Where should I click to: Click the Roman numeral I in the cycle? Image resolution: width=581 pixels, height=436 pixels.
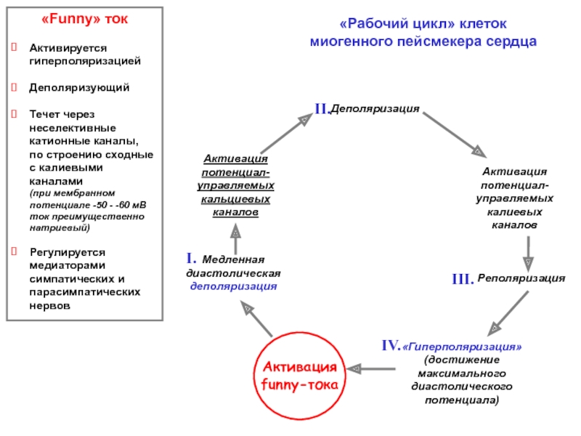pyautogui.click(x=190, y=258)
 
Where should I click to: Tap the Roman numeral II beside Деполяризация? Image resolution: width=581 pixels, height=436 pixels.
pyautogui.click(x=322, y=108)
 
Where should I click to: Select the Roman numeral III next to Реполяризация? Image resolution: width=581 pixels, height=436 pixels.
pyautogui.click(x=463, y=279)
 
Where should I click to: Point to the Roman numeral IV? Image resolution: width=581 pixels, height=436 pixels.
pyautogui.click(x=391, y=346)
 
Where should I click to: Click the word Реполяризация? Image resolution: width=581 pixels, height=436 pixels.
pyautogui.click(x=521, y=278)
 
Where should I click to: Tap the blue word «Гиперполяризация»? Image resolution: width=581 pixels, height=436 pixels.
pyautogui.click(x=462, y=347)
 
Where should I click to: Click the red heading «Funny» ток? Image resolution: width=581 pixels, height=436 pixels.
pyautogui.click(x=84, y=19)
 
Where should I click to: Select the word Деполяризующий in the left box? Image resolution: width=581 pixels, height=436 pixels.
pyautogui.click(x=79, y=88)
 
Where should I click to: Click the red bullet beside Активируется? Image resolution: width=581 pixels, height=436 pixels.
pyautogui.click(x=14, y=47)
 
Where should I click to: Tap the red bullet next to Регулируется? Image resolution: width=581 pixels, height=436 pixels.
pyautogui.click(x=14, y=251)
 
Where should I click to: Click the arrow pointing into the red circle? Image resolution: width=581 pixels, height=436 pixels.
pyautogui.click(x=371, y=368)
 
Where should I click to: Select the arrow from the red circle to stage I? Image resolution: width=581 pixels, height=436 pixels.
pyautogui.click(x=256, y=318)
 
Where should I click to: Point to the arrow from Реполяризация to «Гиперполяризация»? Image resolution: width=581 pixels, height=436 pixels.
pyautogui.click(x=508, y=313)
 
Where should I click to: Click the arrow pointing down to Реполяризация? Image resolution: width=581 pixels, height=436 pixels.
pyautogui.click(x=528, y=254)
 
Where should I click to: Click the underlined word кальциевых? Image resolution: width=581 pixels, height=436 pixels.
pyautogui.click(x=235, y=199)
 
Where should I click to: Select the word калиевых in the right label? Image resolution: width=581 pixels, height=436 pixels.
pyautogui.click(x=514, y=212)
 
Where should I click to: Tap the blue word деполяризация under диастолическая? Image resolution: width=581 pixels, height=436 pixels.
pyautogui.click(x=233, y=286)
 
